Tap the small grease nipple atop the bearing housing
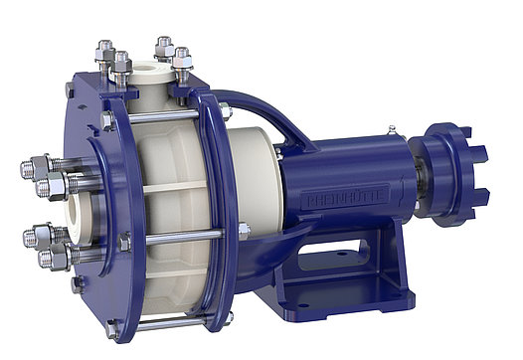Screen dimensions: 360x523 coord(391,130)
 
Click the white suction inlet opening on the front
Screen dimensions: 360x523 coord(77,211)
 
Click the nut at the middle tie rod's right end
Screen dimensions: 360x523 coord(244,231)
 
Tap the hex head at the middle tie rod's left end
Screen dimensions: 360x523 coord(124,242)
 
